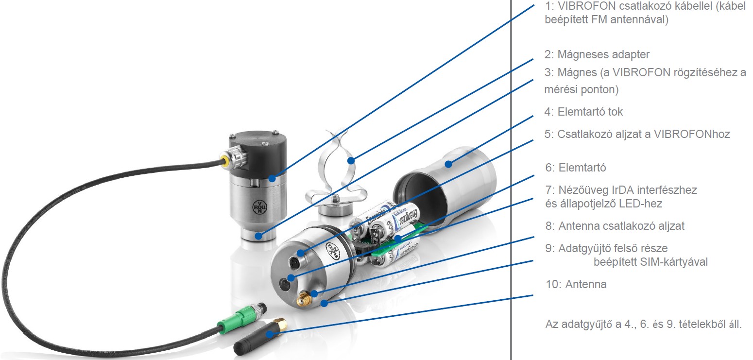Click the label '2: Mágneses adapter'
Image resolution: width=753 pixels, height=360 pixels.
[597, 54]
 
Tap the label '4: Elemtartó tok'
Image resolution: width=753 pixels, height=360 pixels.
[583, 112]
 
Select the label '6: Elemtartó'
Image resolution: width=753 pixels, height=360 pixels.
[576, 168]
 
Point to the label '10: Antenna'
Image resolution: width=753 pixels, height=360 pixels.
[576, 284]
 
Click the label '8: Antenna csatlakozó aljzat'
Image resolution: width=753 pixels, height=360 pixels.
[615, 226]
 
